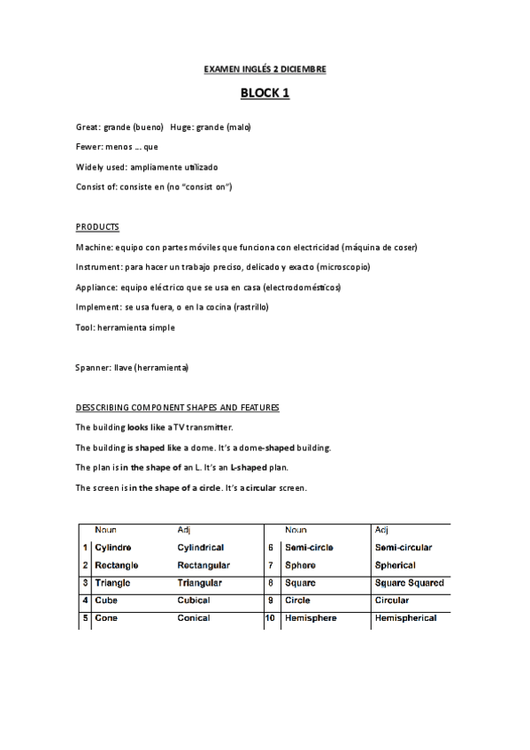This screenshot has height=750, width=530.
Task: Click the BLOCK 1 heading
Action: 265,93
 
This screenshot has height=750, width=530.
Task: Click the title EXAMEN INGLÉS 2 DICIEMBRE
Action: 265,68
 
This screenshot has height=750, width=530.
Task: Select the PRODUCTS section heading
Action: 97,227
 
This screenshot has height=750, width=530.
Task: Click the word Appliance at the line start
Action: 96,287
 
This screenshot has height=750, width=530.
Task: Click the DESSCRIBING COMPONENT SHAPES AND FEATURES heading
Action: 177,408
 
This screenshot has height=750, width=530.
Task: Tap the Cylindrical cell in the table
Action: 200,547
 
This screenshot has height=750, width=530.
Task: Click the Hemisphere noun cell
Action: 311,618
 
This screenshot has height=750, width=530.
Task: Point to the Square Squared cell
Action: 409,583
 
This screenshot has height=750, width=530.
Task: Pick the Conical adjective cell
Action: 194,618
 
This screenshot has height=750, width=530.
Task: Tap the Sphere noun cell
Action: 301,565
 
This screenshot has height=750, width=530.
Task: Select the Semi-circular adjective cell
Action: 403,547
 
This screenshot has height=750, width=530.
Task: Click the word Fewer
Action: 89,146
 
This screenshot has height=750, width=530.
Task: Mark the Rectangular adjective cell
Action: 204,565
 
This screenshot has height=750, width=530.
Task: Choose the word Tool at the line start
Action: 85,327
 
